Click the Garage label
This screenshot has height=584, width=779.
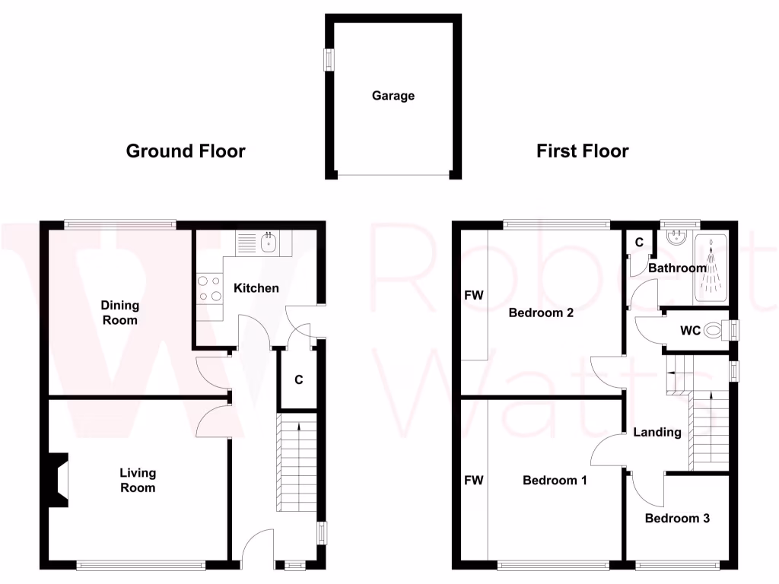tap(393, 96)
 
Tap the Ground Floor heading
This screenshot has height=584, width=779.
tap(186, 151)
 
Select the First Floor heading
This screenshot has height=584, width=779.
tap(582, 151)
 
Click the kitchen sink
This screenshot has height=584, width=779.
tap(269, 243)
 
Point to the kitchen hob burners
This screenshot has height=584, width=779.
tap(209, 289)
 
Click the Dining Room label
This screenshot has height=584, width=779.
tap(120, 313)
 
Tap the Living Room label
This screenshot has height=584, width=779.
tap(137, 480)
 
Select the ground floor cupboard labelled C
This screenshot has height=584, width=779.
tap(298, 379)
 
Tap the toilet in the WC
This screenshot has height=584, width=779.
tap(712, 331)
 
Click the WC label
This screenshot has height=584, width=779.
tap(690, 331)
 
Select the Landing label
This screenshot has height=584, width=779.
tap(657, 432)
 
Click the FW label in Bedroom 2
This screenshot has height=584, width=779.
tap(474, 294)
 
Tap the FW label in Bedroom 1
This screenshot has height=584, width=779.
tap(474, 480)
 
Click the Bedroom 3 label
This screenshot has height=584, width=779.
tap(677, 519)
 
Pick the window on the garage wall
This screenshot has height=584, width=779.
tap(329, 60)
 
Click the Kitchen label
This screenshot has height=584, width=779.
tap(256, 288)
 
